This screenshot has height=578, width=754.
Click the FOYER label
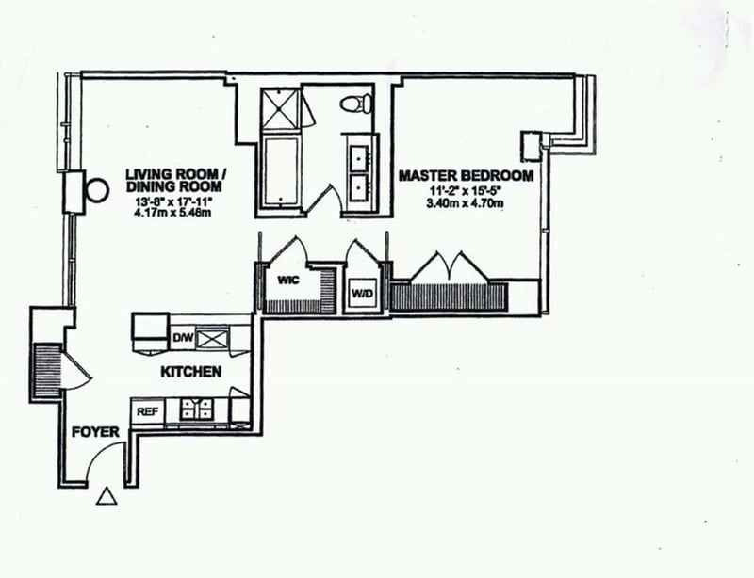(x=95, y=432)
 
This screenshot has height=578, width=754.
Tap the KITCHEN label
(x=191, y=372)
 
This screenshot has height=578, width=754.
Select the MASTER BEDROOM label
(x=466, y=176)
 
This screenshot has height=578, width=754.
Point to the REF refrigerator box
(x=147, y=411)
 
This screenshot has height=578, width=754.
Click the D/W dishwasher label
(x=181, y=336)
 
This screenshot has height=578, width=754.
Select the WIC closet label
(x=287, y=280)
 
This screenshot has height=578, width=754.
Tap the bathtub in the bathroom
(x=279, y=176)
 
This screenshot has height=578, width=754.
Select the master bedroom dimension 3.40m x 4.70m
(x=466, y=202)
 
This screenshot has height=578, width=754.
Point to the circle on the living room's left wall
(x=97, y=189)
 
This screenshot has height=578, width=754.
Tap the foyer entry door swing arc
(x=106, y=461)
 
